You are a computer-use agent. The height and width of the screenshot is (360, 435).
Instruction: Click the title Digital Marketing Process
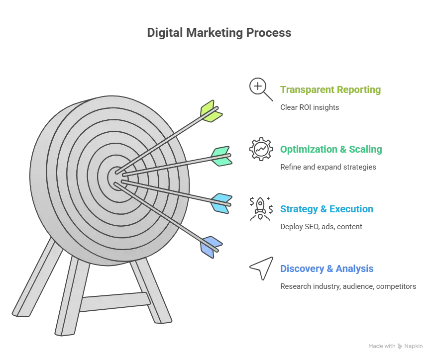219,33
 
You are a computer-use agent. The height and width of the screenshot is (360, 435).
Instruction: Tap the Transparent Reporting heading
330,90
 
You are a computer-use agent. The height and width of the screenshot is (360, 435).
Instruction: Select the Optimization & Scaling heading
331,149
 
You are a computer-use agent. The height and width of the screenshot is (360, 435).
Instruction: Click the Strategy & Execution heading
326,209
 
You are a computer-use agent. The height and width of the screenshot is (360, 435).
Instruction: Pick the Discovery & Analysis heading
327,269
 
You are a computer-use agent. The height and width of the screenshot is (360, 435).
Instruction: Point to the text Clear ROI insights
310,107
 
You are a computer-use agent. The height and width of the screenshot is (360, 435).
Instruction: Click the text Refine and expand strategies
328,167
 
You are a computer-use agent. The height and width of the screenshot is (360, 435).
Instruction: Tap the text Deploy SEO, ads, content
321,227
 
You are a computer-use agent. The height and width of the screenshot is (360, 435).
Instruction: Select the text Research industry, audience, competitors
348,286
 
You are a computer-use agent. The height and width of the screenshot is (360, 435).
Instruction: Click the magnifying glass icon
261,89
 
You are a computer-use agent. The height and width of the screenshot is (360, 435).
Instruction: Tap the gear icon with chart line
261,149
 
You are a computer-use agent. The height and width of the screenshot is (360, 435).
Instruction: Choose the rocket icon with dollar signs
261,209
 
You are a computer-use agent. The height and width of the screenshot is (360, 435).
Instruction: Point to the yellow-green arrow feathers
211,111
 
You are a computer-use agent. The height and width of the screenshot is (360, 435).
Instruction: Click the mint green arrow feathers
221,156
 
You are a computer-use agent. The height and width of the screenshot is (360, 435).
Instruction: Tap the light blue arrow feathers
221,203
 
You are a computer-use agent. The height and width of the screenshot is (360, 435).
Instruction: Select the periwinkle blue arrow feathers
211,247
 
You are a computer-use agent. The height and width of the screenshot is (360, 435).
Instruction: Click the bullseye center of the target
116,178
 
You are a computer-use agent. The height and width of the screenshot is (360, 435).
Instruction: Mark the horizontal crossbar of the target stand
115,301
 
